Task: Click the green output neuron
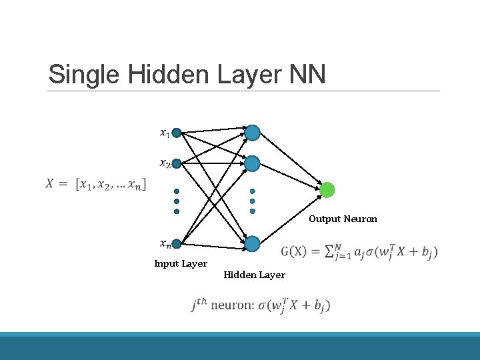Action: (x=327, y=190)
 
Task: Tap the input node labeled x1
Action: (x=177, y=133)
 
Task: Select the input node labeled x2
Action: (x=177, y=163)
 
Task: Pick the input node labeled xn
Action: (x=177, y=243)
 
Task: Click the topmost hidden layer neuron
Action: (x=252, y=133)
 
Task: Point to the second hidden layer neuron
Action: (x=252, y=163)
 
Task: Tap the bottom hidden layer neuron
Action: (x=252, y=243)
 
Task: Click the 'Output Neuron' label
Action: (x=343, y=219)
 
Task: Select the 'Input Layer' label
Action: (x=181, y=263)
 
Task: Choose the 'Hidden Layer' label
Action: (x=254, y=275)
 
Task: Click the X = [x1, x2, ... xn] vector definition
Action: (x=97, y=183)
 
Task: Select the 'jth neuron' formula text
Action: (x=260, y=305)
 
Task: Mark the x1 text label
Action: (x=164, y=133)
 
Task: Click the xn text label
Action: (x=164, y=243)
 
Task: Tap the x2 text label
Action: (x=164, y=163)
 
